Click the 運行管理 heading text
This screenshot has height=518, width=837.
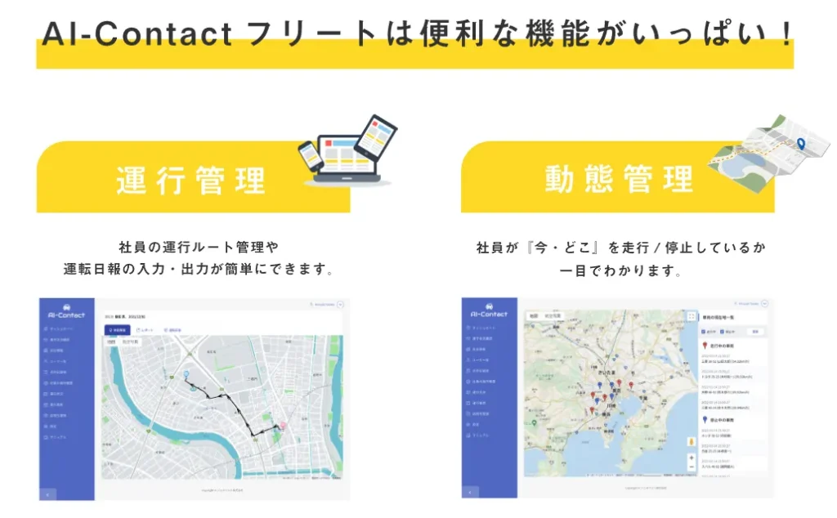(x=191, y=180)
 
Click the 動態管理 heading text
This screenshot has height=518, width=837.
(x=619, y=180)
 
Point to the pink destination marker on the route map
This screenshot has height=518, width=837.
(x=283, y=426)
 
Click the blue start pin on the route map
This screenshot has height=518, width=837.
(x=186, y=375)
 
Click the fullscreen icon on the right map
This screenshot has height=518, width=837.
(x=692, y=317)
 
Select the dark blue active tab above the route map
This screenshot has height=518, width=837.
(x=118, y=329)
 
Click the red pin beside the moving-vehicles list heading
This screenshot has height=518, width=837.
(x=705, y=345)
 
